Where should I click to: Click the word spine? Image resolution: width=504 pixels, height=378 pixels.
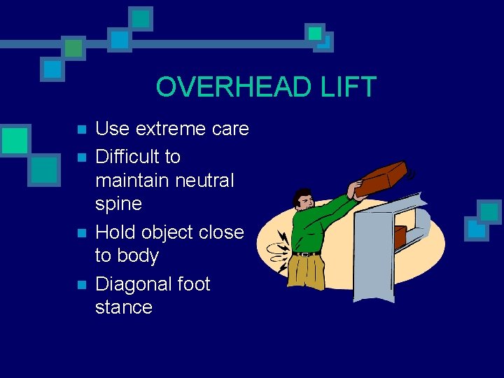pos(118,204)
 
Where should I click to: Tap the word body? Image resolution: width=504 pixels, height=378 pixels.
pos(138,256)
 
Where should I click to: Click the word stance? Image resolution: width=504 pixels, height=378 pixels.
pos(124,307)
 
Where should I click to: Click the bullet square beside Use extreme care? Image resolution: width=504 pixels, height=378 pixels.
pos(81,130)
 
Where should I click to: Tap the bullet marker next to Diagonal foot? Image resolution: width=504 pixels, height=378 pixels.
pos(81,286)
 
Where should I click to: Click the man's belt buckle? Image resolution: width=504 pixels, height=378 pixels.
pos(304,253)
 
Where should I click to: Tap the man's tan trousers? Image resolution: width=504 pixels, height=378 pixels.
pos(307,272)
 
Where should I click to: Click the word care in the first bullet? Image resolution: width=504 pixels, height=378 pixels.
pos(230,129)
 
